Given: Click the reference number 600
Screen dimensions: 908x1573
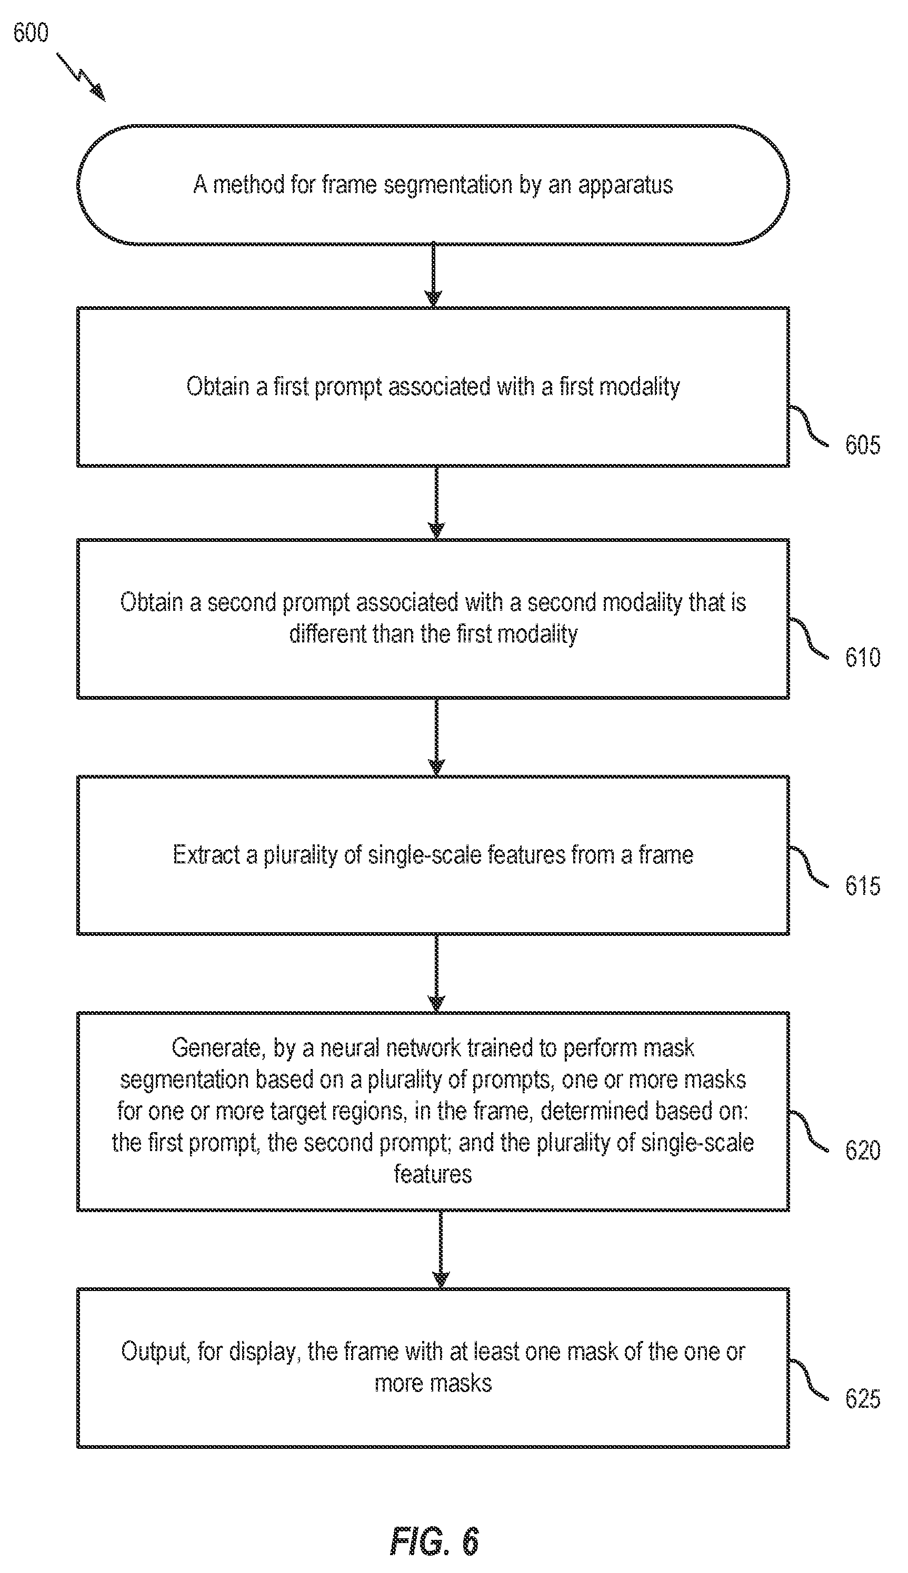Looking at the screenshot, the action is tap(31, 33).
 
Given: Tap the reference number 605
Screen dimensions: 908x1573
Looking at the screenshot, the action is tap(863, 445).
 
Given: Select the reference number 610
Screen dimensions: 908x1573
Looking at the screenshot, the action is tap(863, 658).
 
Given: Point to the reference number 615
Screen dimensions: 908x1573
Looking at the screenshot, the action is tap(863, 885).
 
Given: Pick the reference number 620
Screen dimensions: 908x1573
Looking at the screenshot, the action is tap(863, 1151).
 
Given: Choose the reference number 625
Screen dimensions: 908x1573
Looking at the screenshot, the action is tap(863, 1399).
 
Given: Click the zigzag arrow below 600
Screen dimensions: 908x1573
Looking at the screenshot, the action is tap(81, 77).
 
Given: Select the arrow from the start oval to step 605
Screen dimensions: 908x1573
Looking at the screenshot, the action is tap(433, 276).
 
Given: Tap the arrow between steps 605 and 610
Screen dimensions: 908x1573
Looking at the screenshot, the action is tap(436, 502).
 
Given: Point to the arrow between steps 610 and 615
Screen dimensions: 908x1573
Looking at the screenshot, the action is tap(436, 737).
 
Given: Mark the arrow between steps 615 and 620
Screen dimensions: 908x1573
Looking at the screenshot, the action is tap(436, 973).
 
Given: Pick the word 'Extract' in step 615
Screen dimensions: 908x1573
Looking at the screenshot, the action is tap(206, 855).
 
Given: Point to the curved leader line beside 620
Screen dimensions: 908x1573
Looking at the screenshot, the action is tap(810, 1131).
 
